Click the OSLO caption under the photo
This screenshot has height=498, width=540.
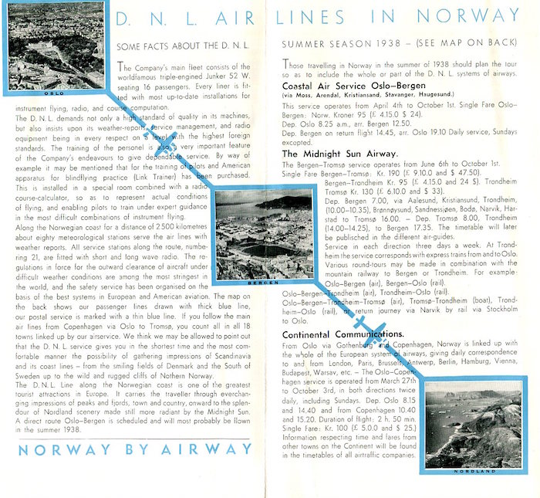(54, 92)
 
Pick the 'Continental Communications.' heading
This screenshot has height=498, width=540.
(343, 334)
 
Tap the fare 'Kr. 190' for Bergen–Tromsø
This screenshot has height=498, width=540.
(385, 174)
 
